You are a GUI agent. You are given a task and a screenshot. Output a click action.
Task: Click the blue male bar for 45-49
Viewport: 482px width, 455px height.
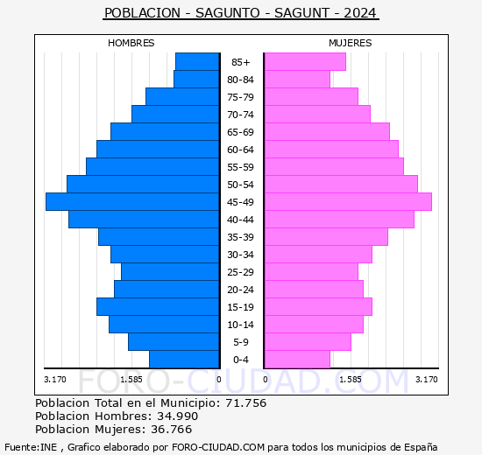(132, 201)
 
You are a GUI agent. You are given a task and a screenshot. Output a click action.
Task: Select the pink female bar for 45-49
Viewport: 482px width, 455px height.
(347, 201)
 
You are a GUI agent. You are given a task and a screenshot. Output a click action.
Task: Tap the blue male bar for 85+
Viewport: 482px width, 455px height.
(197, 61)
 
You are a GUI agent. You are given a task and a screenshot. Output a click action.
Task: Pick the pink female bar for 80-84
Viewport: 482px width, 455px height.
(296, 79)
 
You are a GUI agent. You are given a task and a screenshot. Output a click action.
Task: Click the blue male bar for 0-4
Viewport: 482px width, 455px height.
(184, 360)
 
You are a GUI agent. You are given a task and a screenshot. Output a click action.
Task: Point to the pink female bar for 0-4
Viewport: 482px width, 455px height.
(296, 360)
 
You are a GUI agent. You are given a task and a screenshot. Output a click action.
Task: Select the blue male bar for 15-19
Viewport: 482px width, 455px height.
(158, 306)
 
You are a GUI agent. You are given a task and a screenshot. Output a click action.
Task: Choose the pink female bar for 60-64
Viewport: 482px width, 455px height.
(330, 149)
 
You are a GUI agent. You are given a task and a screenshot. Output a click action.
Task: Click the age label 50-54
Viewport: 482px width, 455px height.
(241, 185)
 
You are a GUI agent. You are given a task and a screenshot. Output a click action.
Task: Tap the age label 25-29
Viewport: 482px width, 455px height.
(241, 272)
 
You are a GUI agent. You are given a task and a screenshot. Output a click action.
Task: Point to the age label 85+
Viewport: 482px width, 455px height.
(241, 62)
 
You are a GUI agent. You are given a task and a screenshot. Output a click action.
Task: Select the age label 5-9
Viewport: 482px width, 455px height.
(241, 342)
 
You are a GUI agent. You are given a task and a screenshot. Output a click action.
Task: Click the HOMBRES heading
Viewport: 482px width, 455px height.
(131, 43)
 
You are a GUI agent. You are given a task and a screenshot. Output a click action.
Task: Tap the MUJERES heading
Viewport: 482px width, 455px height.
(350, 43)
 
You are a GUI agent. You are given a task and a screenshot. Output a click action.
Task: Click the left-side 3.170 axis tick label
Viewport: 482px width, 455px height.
(54, 379)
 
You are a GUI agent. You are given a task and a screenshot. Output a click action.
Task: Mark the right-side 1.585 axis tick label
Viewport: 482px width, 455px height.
(350, 379)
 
